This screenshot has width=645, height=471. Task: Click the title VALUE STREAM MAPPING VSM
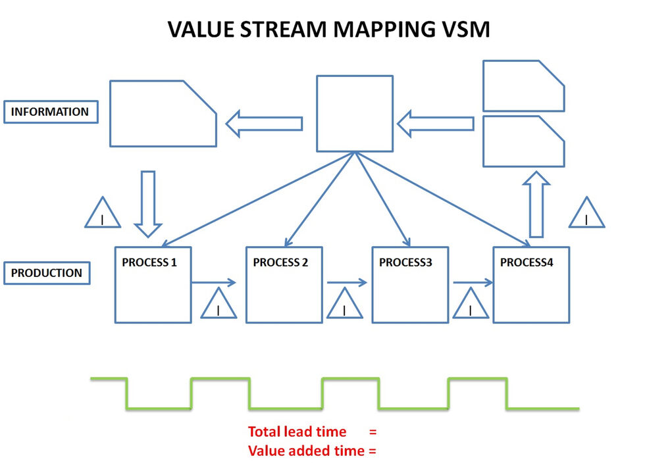coord(328,29)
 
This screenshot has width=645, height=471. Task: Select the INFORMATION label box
coord(50,112)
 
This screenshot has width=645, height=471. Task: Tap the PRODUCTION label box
coord(47,273)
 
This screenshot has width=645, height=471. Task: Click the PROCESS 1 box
coord(153,285)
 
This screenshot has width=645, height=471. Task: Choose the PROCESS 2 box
coord(284,285)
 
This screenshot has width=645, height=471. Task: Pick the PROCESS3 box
coord(410,285)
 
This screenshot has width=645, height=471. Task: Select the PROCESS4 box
coord(531,285)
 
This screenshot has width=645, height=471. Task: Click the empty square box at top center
coord(355,114)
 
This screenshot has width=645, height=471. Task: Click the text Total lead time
coord(297,432)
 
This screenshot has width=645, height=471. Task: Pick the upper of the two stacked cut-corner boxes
coord(523,86)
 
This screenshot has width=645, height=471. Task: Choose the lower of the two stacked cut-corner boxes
coord(523,141)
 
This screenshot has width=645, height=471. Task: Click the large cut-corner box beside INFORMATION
coord(163,113)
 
